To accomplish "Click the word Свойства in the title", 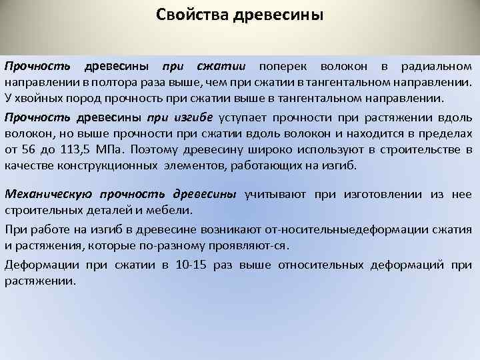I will pyautogui.click(x=194, y=15).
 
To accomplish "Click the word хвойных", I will pyautogui.click(x=35, y=99).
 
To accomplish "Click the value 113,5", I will pyautogui.click(x=88, y=150).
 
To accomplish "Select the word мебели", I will pyautogui.click(x=173, y=211).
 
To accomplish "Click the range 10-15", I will pyautogui.click(x=192, y=265).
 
